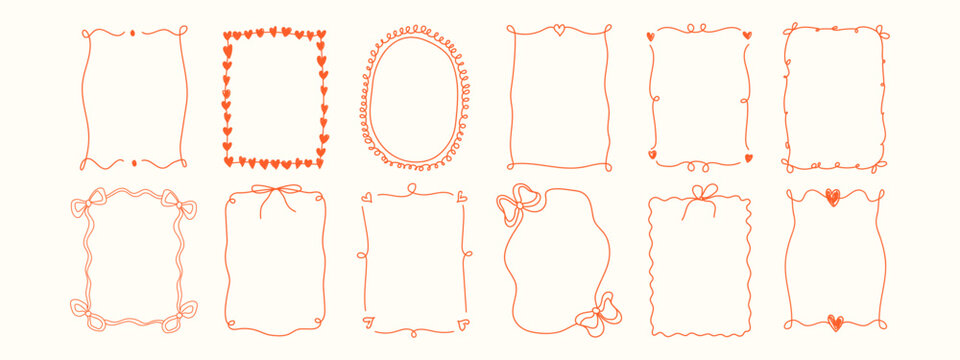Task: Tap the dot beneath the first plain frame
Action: pos(132,161)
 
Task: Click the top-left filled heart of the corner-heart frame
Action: pos(650,36)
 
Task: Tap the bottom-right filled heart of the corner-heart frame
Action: pos(748,157)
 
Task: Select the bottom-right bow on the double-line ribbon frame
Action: pos(183,312)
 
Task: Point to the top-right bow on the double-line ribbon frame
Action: pos(182,207)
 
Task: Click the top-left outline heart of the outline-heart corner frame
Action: pos(366,197)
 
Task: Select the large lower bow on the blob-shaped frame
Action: pos(597,314)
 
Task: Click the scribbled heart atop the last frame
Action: pos(832,197)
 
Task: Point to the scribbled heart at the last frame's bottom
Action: pos(835,322)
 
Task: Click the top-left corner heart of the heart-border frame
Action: pos(228,36)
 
